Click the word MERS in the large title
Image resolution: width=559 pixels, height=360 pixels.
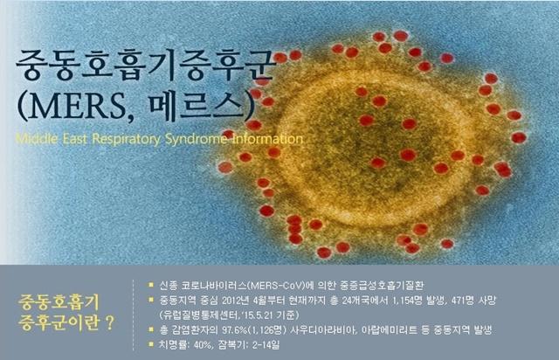[x=79, y=106]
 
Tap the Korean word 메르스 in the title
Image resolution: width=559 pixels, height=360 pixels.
[x=198, y=106]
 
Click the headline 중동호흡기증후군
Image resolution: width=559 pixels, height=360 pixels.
[x=146, y=66]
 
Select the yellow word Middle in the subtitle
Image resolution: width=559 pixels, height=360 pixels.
[x=37, y=138]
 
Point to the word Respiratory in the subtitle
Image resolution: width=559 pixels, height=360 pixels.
[x=127, y=139]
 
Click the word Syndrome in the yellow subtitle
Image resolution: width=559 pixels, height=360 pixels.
[x=196, y=139]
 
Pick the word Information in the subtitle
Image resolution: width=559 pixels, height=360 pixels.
[x=267, y=138]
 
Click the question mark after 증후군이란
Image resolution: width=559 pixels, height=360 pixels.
[x=110, y=323]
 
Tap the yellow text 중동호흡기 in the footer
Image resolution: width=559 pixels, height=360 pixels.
[x=59, y=303]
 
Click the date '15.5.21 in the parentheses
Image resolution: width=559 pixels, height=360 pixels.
[x=257, y=315]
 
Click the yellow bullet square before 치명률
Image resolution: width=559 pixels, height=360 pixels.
[x=151, y=344]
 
